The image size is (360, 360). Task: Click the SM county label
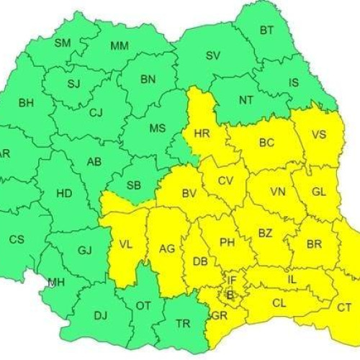click(x=63, y=43)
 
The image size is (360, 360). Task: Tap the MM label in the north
click(x=120, y=46)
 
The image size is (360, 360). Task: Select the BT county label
click(x=266, y=30)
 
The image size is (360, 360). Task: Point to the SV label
click(x=212, y=55)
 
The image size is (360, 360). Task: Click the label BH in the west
click(x=26, y=103)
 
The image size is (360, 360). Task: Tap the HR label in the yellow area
click(x=202, y=133)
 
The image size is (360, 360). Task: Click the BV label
click(x=189, y=193)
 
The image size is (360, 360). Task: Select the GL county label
click(x=320, y=192)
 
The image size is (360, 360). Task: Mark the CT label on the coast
click(x=345, y=307)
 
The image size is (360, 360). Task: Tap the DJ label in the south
click(x=100, y=315)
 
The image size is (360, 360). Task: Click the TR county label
click(x=184, y=323)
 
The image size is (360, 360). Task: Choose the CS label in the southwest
click(x=16, y=239)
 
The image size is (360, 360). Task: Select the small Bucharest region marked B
click(x=230, y=294)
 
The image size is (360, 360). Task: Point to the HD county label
click(x=64, y=194)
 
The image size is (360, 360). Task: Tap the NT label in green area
click(x=245, y=102)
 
